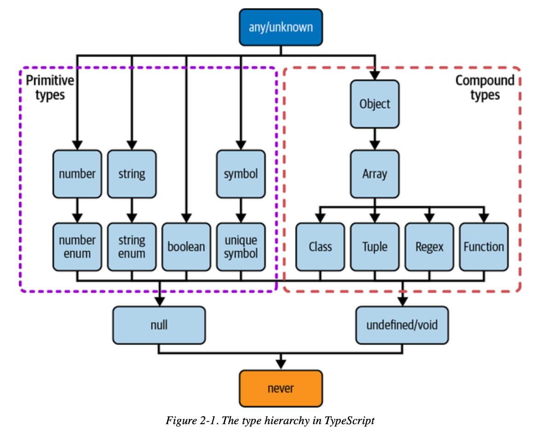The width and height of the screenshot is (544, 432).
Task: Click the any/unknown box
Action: click(280, 27)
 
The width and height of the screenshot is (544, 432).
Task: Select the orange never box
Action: click(280, 389)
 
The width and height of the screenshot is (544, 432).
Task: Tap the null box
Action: click(159, 325)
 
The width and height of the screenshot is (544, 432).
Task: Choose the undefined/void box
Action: click(402, 325)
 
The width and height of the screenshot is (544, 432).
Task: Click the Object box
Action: click(375, 104)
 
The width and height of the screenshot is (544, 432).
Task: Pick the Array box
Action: click(375, 174)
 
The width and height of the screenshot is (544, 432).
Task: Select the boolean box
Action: click(186, 247)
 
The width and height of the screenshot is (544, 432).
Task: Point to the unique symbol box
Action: click(241, 247)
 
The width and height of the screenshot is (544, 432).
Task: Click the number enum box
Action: click(77, 247)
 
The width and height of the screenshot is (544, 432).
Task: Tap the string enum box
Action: click(132, 247)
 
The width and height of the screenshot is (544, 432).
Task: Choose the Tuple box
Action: click(375, 247)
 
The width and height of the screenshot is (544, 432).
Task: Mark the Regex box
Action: click(429, 247)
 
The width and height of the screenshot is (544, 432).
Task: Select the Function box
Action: click(484, 247)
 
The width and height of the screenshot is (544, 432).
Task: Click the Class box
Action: click(320, 247)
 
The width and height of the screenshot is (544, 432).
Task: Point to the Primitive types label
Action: click(50, 87)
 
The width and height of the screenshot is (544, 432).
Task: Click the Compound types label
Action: click(485, 87)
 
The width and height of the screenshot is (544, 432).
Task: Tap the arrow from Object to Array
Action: click(375, 139)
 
